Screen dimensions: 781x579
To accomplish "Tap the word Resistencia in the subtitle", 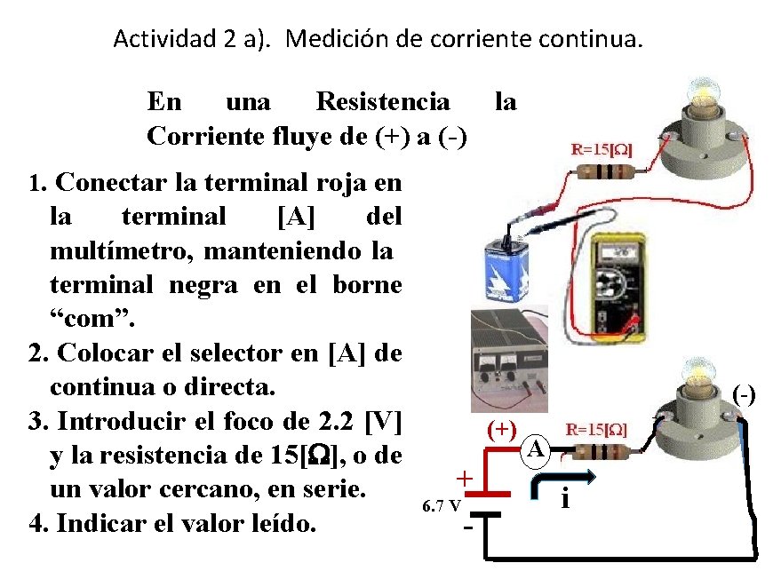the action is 383,101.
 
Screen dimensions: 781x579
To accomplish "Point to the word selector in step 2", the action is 253,353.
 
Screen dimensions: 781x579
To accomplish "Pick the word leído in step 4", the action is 276,523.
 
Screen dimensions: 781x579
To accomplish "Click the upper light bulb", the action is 697,96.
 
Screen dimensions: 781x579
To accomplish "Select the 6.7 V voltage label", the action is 442,506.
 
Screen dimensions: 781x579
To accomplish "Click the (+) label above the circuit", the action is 503,428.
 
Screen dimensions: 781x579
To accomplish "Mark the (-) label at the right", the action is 744,393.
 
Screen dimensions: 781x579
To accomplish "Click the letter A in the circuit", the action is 535,449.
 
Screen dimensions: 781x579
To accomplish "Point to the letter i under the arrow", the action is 565,500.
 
